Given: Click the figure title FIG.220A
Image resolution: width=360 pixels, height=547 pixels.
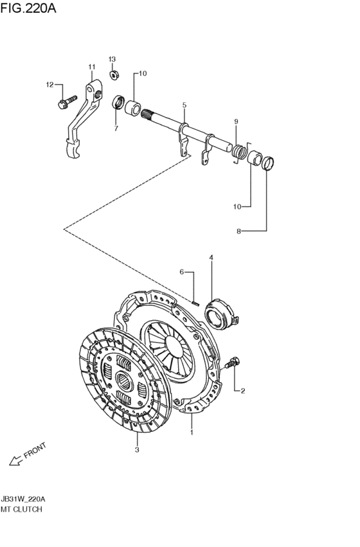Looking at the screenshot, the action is point(28,8).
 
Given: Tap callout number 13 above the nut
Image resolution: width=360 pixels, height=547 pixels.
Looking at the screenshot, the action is point(112,59).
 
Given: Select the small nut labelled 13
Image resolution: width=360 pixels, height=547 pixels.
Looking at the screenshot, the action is point(113,75).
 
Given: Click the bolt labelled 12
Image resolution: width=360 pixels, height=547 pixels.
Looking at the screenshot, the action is point(68,102).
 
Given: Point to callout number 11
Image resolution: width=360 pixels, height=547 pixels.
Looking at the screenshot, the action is point(92,67).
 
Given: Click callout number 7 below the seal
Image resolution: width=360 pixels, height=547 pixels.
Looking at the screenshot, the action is point(116,129).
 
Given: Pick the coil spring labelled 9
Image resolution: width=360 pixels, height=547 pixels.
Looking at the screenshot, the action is point(239,151).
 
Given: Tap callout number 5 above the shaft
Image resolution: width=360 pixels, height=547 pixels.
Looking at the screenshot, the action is point(184,105).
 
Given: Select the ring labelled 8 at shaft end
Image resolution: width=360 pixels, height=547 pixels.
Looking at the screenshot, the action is point(268,164).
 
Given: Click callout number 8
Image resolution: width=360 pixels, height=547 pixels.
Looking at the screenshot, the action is point(239,231).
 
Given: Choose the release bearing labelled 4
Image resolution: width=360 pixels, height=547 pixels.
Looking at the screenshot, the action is point(221,313).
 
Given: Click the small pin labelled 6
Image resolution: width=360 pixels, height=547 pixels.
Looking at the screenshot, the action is point(195,303).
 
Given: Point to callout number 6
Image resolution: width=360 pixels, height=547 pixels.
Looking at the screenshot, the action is point(181,272).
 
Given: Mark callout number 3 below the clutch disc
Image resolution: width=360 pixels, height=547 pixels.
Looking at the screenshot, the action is point(137,450).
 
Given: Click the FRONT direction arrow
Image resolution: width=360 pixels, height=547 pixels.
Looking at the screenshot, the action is point(15,461).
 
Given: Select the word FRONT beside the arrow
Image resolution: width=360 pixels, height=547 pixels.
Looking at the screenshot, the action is point(35,450).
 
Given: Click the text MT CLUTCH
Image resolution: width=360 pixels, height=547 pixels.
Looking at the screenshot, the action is point(21,509).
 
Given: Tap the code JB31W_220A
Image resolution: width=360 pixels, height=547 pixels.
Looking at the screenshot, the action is point(23,499).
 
